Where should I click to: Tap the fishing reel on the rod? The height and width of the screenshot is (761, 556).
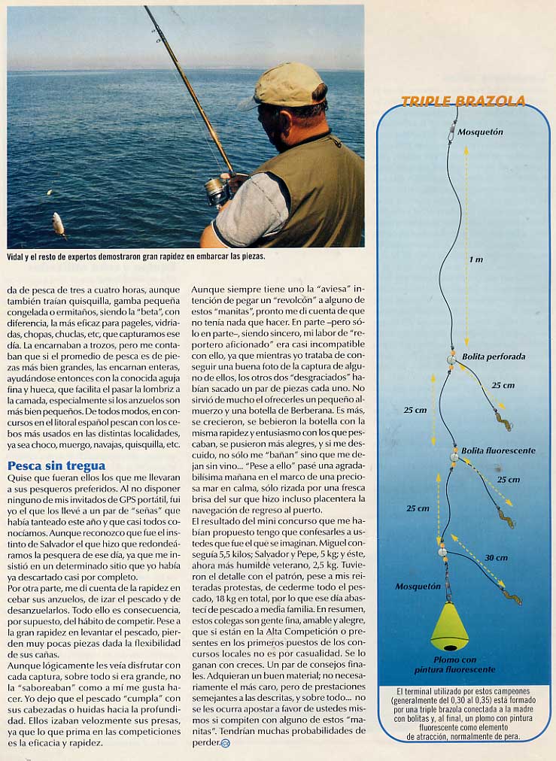[218, 190]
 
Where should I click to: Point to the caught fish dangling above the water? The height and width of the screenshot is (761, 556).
[58, 223]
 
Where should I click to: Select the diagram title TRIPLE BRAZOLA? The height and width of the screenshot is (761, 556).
[463, 102]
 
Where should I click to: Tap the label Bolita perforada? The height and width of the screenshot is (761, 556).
[494, 356]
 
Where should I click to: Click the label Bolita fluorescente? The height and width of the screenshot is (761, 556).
[498, 450]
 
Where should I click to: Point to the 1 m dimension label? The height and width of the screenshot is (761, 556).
[475, 259]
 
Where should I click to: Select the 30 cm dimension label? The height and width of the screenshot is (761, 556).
[495, 558]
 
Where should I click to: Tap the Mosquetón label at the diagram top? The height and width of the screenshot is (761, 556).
[481, 132]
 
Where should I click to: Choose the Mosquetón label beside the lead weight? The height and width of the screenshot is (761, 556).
[418, 586]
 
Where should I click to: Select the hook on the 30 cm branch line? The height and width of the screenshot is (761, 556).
[513, 599]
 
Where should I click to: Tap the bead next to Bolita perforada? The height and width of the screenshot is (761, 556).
[451, 360]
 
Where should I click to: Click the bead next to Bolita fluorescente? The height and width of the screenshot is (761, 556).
[454, 456]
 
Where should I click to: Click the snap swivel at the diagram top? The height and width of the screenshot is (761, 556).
[453, 132]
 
